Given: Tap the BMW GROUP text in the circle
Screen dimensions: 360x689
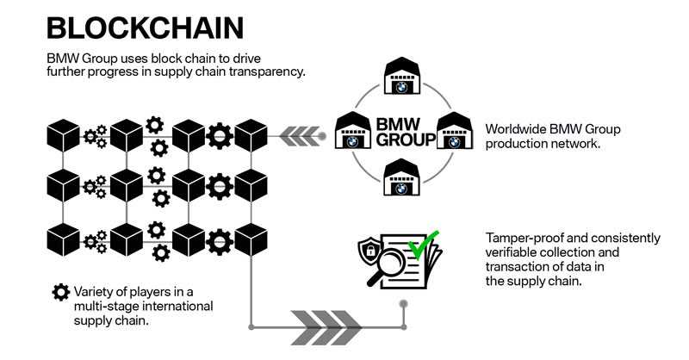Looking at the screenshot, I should coord(399,133).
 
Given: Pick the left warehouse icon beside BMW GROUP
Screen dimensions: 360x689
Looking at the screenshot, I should coord(352,132).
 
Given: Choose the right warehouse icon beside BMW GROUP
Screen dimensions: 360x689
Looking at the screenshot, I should coord(453,132).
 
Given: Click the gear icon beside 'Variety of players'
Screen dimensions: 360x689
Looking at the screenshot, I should coord(60,292).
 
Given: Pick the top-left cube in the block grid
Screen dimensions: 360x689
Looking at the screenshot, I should coord(63,136).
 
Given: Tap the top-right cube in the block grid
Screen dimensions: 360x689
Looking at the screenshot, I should coord(251,136).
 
